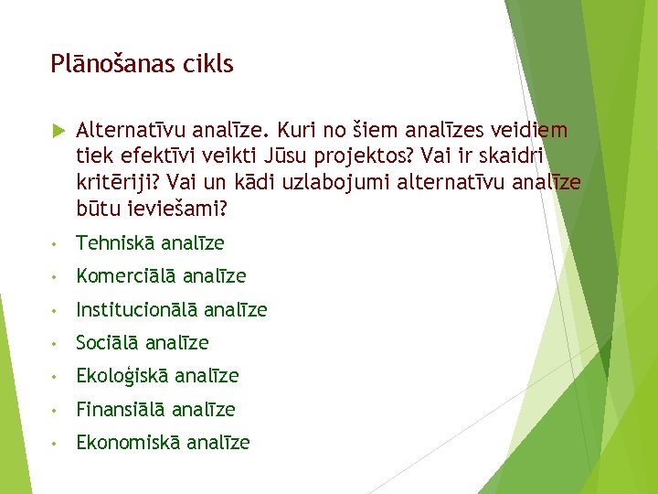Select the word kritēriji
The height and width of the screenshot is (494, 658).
click(x=114, y=184)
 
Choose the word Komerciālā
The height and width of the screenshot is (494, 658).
click(x=126, y=276)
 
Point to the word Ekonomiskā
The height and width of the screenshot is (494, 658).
click(x=128, y=443)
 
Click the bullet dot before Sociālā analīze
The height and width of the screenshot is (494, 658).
click(x=57, y=344)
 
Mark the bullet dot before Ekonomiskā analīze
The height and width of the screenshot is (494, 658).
click(x=57, y=444)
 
